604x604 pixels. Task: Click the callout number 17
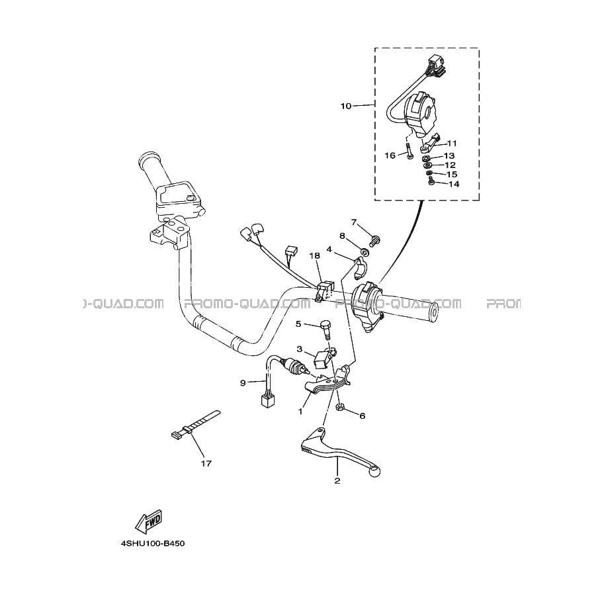(206, 463)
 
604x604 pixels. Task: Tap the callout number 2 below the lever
(337, 481)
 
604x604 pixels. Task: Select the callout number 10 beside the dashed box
(346, 106)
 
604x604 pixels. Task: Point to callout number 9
(243, 383)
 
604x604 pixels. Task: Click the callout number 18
(314, 256)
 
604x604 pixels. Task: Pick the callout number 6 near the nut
(362, 415)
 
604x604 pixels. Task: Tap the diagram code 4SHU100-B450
(153, 544)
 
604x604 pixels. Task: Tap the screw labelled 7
(374, 241)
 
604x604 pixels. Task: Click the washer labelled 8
(363, 252)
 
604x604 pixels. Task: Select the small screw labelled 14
(431, 182)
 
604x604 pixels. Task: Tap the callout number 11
(451, 144)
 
